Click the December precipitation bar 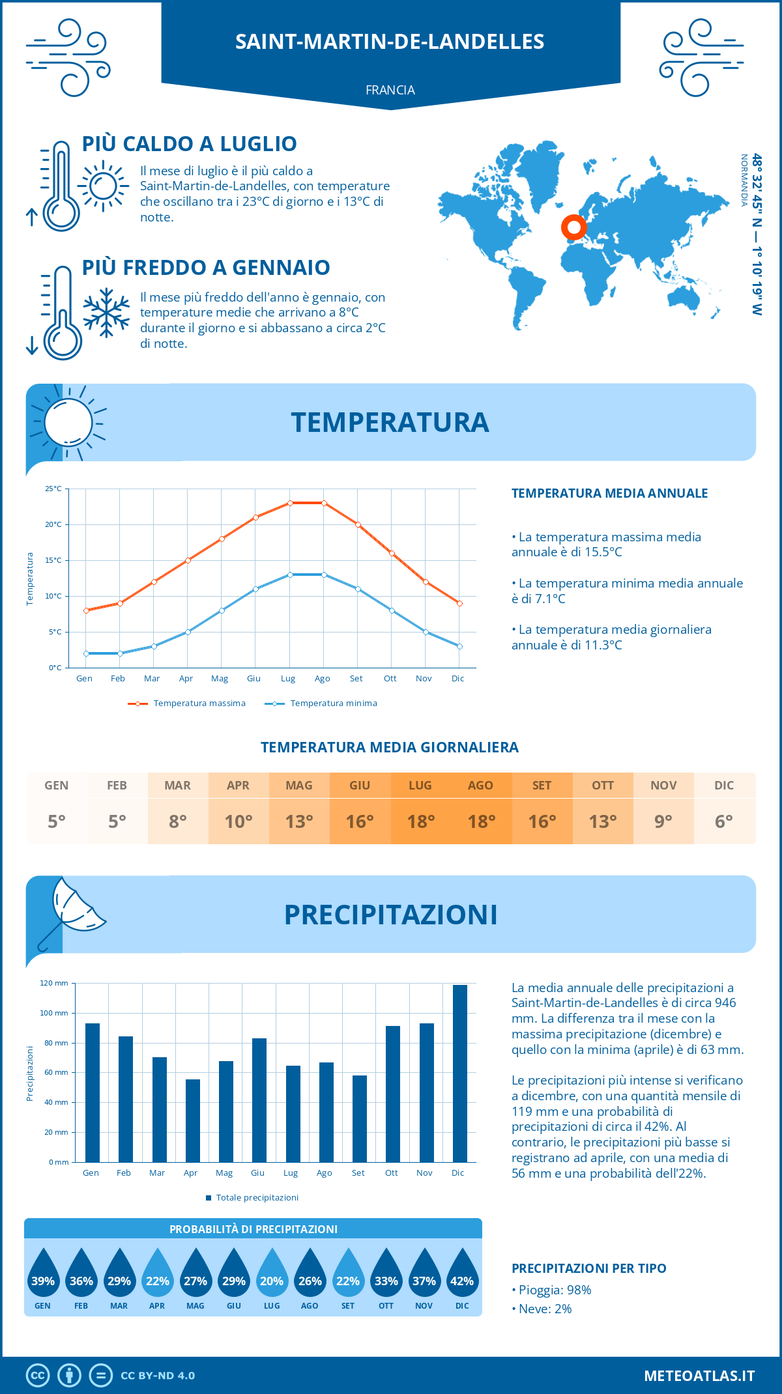point(459,1073)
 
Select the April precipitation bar point(192,1120)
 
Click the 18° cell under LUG point(420,821)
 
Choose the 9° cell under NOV point(663,821)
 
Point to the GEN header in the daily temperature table point(57,786)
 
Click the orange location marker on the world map point(573,227)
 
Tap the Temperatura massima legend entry point(188,704)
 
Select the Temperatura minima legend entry point(322,704)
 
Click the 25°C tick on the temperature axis point(53,489)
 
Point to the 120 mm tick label point(54,983)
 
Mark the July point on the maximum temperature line point(290,503)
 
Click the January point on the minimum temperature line point(86,653)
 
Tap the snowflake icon point(106,313)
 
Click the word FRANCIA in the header point(390,90)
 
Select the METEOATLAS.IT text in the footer point(699,1376)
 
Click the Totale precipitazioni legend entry point(252,1198)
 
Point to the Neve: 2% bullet point(542,1309)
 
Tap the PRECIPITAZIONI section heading point(390,915)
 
